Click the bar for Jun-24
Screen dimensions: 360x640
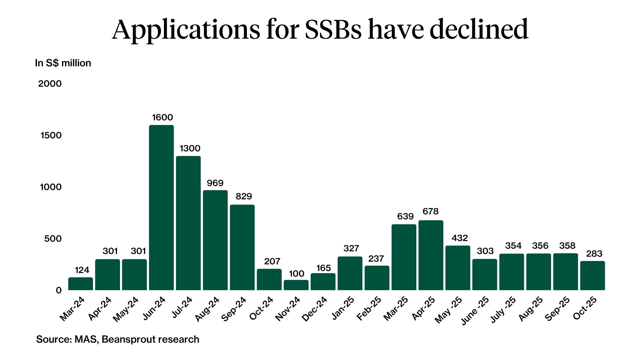(x=161, y=207)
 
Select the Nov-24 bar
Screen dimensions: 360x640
(x=296, y=285)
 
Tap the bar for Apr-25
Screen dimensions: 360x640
(x=431, y=255)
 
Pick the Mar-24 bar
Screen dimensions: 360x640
(x=81, y=284)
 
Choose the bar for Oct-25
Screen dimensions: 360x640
(x=592, y=275)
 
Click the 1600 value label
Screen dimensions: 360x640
(x=162, y=117)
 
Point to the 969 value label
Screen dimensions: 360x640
(x=215, y=183)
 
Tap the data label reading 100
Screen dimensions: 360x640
(x=296, y=274)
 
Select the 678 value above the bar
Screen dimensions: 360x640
(x=430, y=211)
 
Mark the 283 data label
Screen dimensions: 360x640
(x=594, y=254)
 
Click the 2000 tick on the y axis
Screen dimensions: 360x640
(x=50, y=84)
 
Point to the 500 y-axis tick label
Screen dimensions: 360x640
(x=53, y=239)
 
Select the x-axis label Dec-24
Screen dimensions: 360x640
(x=314, y=309)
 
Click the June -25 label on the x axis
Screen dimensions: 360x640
(x=475, y=311)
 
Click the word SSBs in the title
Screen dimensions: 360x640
(x=333, y=29)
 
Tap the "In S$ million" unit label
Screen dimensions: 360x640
(x=63, y=63)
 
